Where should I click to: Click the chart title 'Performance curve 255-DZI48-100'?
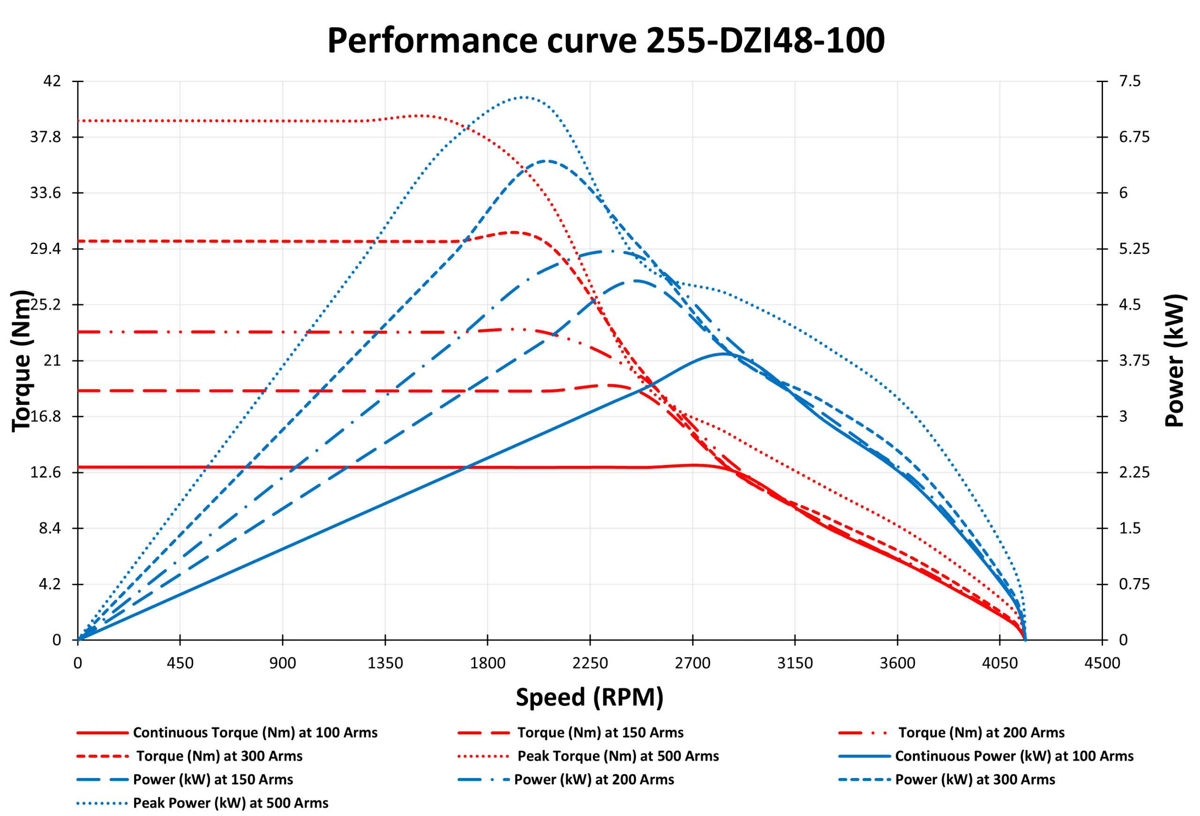(x=606, y=40)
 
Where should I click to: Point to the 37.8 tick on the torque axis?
(x=45, y=137)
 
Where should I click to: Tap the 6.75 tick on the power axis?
(x=1133, y=137)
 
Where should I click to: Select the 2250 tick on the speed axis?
(x=590, y=663)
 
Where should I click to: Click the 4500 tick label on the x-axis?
(x=1102, y=663)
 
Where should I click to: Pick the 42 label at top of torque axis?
(x=52, y=81)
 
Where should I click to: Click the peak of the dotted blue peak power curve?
(x=524, y=97)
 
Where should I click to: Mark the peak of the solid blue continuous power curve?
(x=725, y=354)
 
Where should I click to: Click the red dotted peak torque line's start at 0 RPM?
(x=78, y=121)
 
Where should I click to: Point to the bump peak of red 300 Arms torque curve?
(x=514, y=233)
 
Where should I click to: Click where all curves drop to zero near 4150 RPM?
(x=1025, y=640)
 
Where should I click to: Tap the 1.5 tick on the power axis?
(x=1129, y=528)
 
